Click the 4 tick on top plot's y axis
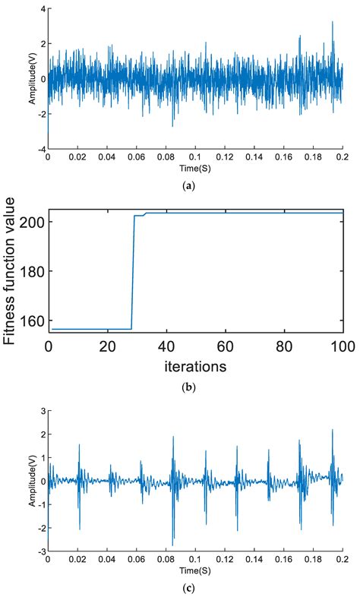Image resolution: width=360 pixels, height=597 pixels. click(x=43, y=9)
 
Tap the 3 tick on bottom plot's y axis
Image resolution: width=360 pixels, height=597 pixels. click(x=43, y=411)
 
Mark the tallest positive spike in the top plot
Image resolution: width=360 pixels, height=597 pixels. click(x=332, y=22)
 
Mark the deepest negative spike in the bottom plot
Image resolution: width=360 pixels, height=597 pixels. click(x=172, y=545)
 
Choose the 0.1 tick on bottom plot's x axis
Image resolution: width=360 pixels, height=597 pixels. click(x=195, y=558)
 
